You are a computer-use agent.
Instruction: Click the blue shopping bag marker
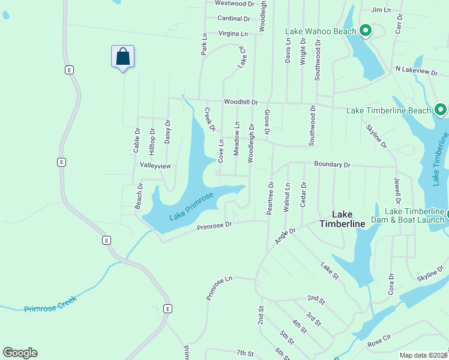click(122, 58)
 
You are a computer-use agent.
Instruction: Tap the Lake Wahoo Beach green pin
click(365, 30)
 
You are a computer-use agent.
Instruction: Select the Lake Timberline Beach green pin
click(440, 110)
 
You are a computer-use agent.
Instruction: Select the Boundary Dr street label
click(331, 164)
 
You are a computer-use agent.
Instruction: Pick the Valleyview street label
click(155, 165)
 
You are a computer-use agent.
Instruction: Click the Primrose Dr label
click(214, 226)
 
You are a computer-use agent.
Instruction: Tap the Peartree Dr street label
click(270, 197)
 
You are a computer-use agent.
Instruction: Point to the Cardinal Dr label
click(234, 19)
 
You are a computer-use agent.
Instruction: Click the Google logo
click(20, 353)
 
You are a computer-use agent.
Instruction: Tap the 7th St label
click(246, 353)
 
